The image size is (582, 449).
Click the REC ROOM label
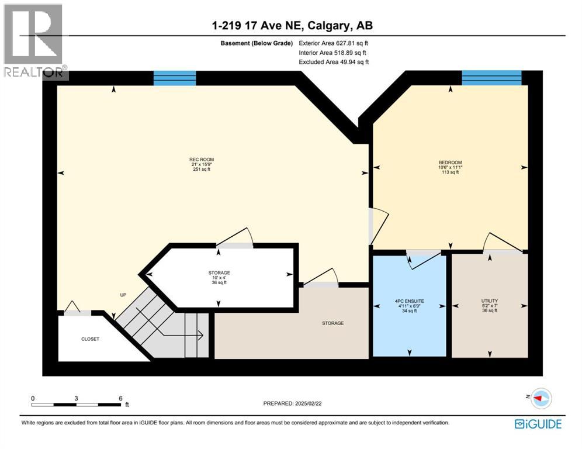(197, 160)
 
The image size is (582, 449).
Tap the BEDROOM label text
(450, 163)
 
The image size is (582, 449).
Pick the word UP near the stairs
(123, 295)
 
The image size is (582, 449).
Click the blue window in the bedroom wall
(491, 78)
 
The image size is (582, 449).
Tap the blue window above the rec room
(174, 78)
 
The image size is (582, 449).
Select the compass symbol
(542, 398)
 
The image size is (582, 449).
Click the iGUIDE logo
(538, 424)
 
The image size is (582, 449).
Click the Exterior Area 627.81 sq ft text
(333, 43)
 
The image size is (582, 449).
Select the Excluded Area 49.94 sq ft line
(333, 61)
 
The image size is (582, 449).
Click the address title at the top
(292, 25)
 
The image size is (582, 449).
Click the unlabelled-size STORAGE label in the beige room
(332, 323)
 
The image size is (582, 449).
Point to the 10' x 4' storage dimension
(219, 278)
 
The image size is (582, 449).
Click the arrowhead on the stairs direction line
(200, 336)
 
